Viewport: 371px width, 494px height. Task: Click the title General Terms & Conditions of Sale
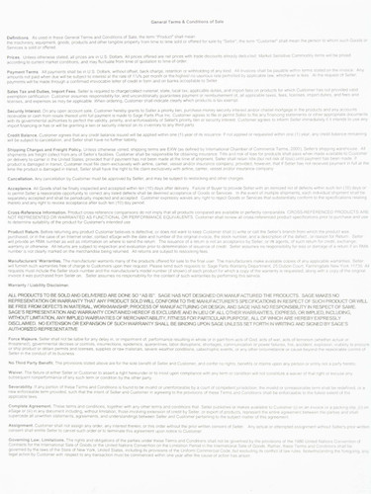point(185,8)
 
